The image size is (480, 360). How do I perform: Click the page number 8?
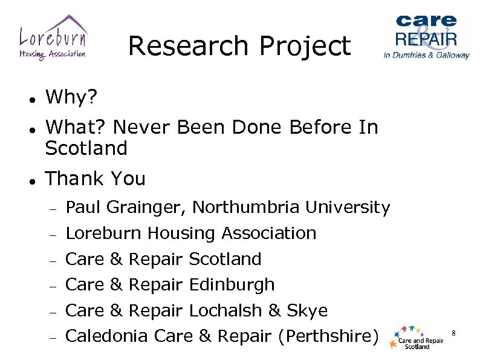coord(453,332)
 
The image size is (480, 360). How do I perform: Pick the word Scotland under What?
coord(86,148)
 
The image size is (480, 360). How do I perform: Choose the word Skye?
coord(306,310)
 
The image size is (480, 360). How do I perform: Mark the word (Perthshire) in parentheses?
coord(327,336)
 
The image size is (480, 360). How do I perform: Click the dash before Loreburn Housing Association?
coord(53,234)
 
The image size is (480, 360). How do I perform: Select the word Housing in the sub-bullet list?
coord(183,233)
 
